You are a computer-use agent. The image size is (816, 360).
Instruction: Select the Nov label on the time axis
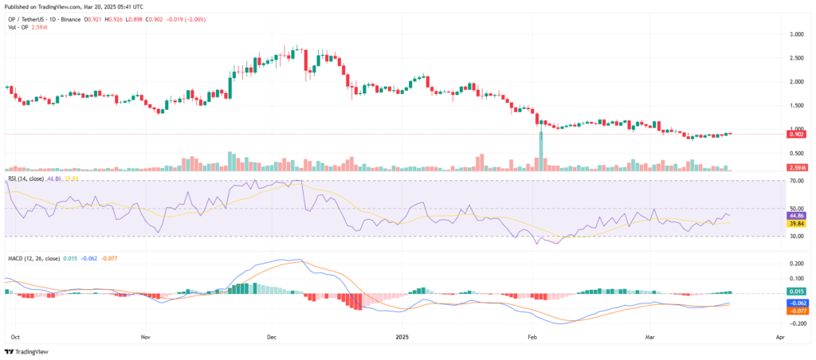pos(145,336)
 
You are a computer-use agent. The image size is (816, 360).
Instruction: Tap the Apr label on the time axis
pos(779,336)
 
